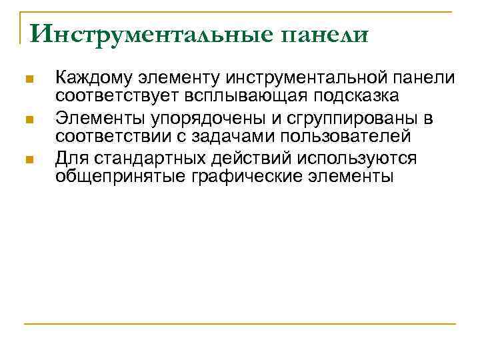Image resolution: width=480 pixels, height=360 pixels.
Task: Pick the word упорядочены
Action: click(192, 119)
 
